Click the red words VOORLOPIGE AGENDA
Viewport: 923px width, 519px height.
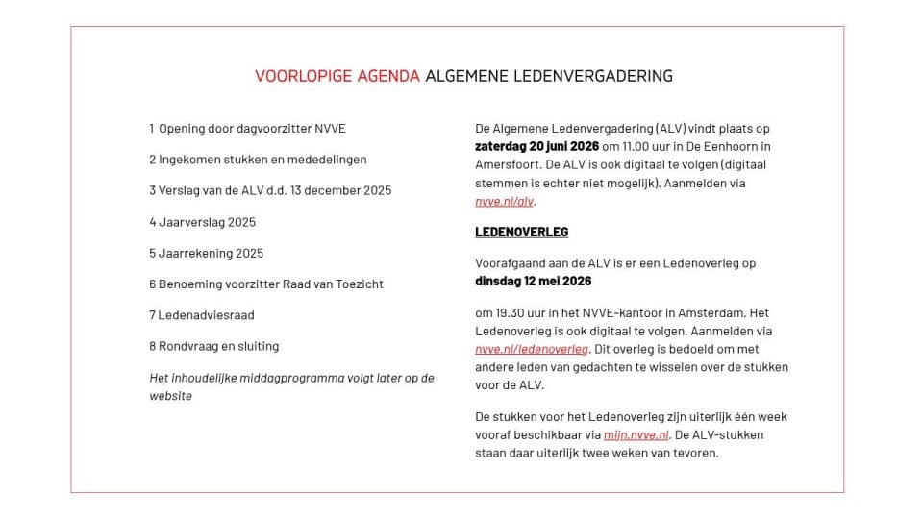coord(337,76)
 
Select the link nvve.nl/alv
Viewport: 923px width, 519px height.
coord(505,202)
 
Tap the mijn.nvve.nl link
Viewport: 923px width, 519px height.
coord(636,434)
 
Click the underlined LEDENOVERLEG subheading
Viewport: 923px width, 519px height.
coord(521,232)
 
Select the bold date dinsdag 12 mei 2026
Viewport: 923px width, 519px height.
coord(533,282)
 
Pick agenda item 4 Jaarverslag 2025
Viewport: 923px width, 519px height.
coord(202,222)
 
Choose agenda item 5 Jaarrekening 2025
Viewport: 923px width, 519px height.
coord(206,253)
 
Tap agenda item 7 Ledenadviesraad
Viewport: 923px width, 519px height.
coord(201,315)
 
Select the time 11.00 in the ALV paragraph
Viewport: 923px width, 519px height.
coord(636,146)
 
